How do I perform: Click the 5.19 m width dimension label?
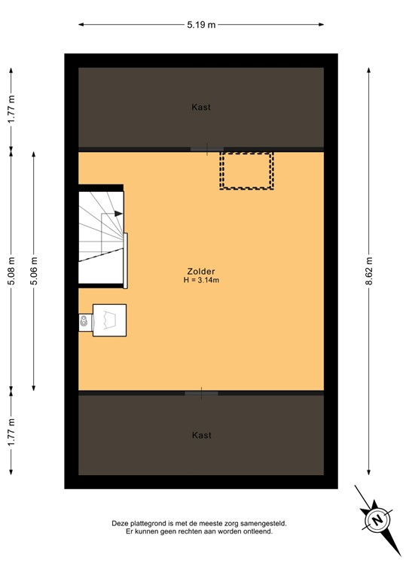[201, 25]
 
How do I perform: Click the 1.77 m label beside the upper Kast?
[11, 109]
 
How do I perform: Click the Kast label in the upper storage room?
[201, 107]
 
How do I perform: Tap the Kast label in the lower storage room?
[201, 435]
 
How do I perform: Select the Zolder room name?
[201, 272]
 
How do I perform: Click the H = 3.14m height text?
[201, 281]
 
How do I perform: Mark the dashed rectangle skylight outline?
[246, 170]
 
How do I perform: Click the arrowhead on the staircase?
[118, 214]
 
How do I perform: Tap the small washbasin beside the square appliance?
[84, 321]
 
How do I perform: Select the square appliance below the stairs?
[109, 320]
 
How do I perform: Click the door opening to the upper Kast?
[204, 149]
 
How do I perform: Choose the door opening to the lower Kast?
[201, 393]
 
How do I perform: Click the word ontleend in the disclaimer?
[257, 531]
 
